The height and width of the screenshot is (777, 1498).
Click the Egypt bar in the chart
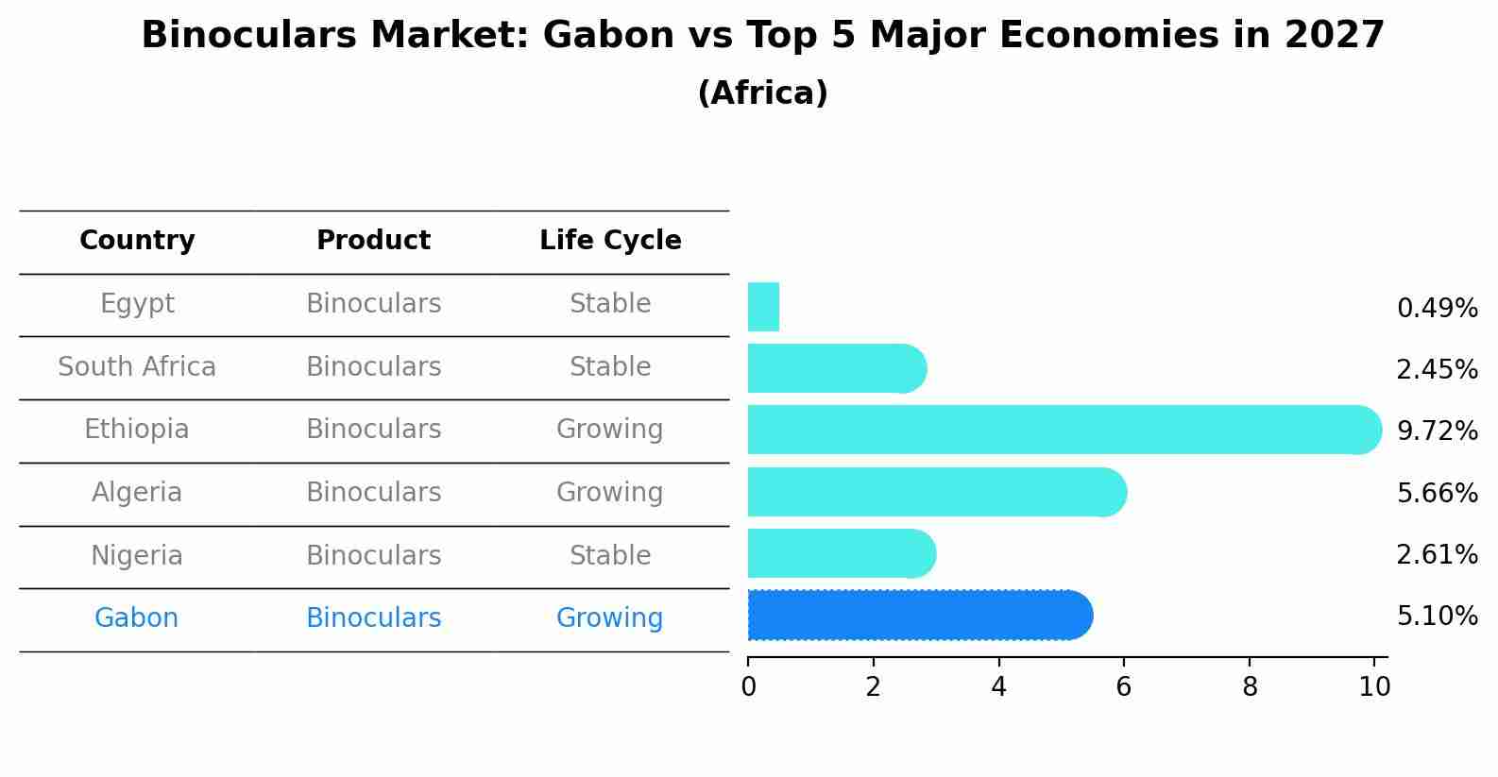point(763,307)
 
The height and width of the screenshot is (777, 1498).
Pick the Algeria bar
point(935,492)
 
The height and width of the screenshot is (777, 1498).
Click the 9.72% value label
point(1437,431)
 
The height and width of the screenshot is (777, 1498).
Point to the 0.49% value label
point(1437,309)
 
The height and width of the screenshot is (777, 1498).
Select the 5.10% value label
point(1437,617)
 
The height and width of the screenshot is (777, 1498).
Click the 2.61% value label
point(1437,555)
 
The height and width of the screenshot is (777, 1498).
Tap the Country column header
point(137,241)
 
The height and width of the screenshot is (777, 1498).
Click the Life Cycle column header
point(610,241)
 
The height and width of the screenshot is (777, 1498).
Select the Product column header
point(373,241)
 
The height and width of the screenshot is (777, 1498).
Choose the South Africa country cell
point(137,366)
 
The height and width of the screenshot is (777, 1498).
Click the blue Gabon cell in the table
point(137,618)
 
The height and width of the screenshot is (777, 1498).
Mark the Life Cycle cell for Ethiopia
point(610,430)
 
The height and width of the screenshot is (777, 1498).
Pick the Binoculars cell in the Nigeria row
point(373,555)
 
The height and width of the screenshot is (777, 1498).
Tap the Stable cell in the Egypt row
point(610,304)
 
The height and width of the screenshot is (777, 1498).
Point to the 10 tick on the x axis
point(1374,687)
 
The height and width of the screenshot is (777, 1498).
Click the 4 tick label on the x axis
point(998,687)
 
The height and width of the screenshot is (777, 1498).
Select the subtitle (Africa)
point(762,93)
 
